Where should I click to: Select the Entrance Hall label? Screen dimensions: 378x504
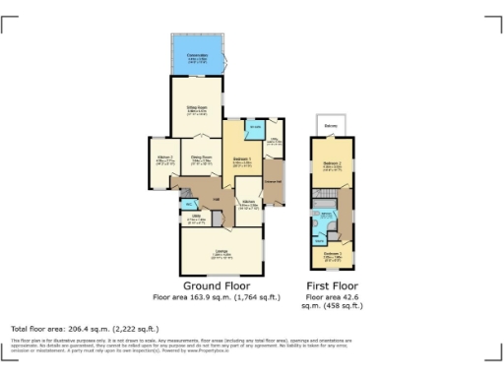274,183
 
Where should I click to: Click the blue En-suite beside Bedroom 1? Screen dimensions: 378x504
255,128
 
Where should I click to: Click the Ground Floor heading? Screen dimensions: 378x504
217,285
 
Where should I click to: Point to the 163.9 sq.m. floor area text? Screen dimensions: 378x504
217,296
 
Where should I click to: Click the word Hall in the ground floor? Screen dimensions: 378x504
215,198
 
